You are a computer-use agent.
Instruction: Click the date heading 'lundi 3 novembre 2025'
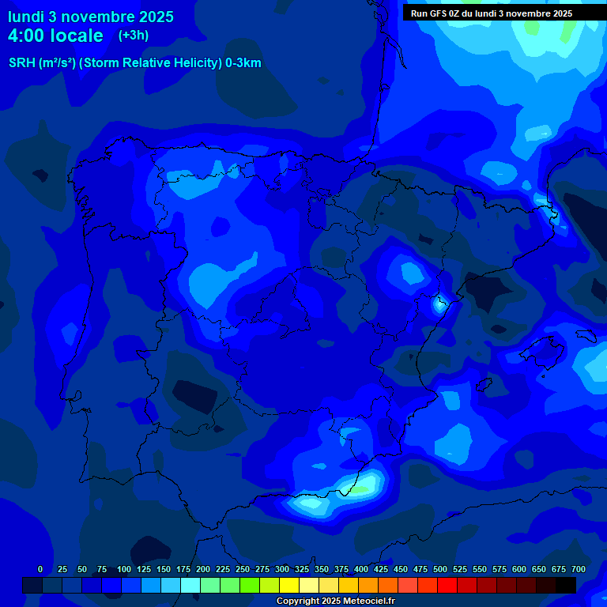coord(91,17)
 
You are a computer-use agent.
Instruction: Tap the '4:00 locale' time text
coord(55,36)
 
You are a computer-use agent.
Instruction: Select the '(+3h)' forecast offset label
coord(133,36)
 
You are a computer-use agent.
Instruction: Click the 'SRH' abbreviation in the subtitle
coord(21,63)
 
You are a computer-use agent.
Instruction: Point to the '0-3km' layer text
coord(243,63)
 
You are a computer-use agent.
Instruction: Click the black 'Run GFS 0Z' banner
coord(492,13)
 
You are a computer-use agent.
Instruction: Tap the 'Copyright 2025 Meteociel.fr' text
coord(335,601)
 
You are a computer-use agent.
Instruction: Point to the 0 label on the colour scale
coord(40,569)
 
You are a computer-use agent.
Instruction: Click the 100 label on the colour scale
coord(123,569)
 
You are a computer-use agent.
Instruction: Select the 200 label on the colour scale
coord(203,569)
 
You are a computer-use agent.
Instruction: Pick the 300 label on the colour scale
coord(282,569)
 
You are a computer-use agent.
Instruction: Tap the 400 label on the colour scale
coord(361,569)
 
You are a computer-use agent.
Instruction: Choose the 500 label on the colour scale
coord(440,569)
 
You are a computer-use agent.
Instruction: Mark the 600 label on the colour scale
coord(519,569)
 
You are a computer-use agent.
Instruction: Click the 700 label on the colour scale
coord(579,569)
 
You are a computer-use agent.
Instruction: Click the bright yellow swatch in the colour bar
coord(289,585)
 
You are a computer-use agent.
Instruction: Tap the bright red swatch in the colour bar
coord(447,585)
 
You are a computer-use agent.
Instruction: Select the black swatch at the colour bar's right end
coord(566,585)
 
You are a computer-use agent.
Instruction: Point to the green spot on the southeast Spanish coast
coord(360,488)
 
